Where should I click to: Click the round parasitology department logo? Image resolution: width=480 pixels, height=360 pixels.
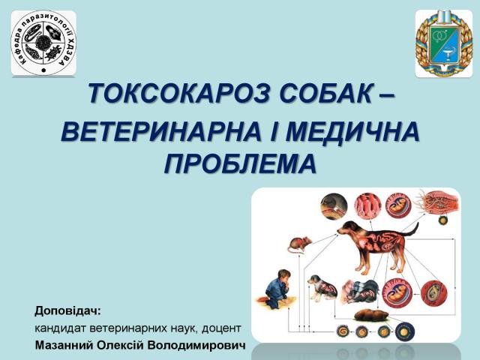pos(43,43)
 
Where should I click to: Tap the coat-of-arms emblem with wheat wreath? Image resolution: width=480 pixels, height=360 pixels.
pos(443,43)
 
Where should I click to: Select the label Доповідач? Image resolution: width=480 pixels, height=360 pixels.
pos(67,310)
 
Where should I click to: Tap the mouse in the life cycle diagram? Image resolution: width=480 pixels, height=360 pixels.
pos(298,244)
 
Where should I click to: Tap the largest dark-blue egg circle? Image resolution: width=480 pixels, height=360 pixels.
pos(406,331)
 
